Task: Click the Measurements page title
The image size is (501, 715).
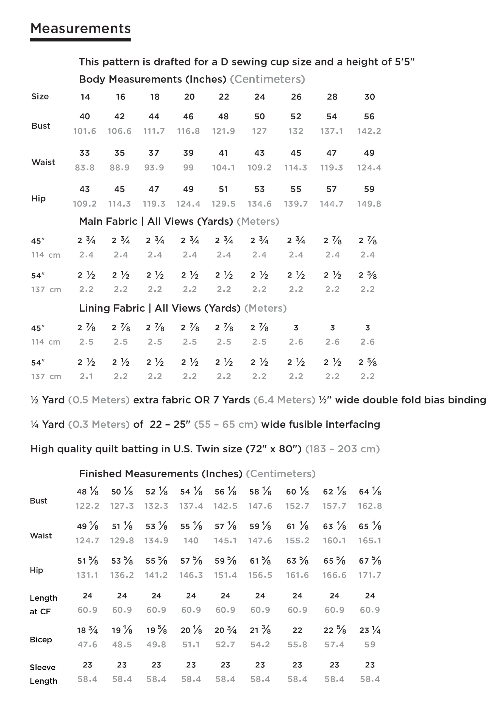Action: pyautogui.click(x=80, y=28)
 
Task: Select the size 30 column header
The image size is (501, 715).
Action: pyautogui.click(x=369, y=97)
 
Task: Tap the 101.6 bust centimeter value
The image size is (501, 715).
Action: pyautogui.click(x=85, y=131)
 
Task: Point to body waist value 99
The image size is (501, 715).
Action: pyautogui.click(x=188, y=167)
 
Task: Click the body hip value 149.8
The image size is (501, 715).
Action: pyautogui.click(x=369, y=204)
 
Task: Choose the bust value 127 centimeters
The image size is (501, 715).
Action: pyautogui.click(x=259, y=131)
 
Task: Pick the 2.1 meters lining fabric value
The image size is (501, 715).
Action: pyautogui.click(x=86, y=376)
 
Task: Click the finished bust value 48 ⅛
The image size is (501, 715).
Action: pyautogui.click(x=87, y=492)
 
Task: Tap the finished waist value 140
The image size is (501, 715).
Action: pyautogui.click(x=191, y=540)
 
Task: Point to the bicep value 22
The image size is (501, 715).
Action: pyautogui.click(x=297, y=630)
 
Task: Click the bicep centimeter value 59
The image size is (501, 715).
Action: pyautogui.click(x=369, y=644)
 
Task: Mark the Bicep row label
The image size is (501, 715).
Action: pyautogui.click(x=41, y=640)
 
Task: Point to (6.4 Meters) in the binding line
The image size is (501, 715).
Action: pyautogui.click(x=284, y=400)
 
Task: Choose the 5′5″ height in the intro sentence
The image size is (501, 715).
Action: pyautogui.click(x=405, y=62)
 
